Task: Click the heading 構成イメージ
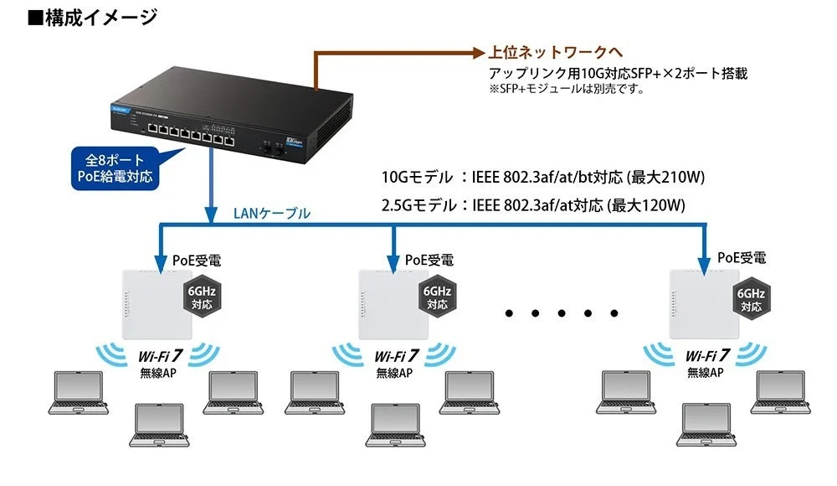(92, 18)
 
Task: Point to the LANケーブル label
(271, 214)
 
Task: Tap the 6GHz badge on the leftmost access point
(202, 297)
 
